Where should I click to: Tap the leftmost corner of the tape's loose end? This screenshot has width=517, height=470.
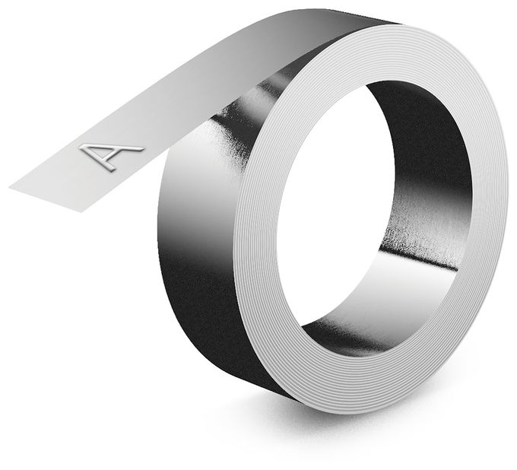(9, 188)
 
